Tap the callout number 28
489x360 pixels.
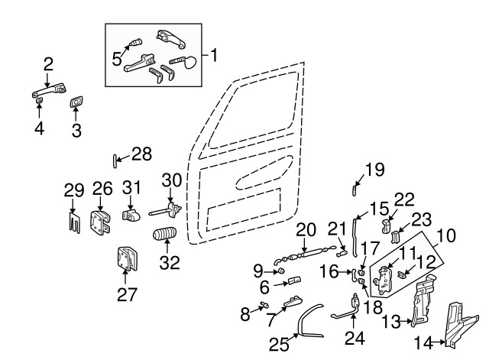tap(141, 154)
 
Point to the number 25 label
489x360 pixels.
tap(280, 345)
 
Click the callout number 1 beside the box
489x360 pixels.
tap(215, 55)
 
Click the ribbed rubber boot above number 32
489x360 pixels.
tap(166, 235)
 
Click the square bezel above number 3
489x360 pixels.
tap(76, 102)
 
